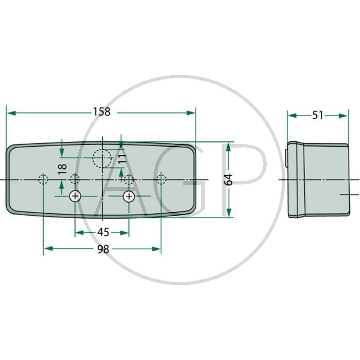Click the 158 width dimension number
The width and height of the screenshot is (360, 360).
pyautogui.click(x=102, y=112)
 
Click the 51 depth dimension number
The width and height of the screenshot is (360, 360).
pyautogui.click(x=318, y=115)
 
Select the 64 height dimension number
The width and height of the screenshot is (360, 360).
pyautogui.click(x=228, y=180)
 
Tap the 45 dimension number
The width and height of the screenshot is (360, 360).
pyautogui.click(x=103, y=233)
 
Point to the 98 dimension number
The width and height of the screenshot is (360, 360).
pyautogui.click(x=103, y=249)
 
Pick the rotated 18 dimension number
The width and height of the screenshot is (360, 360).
pyautogui.click(x=63, y=169)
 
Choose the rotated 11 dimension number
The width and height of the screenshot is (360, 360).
pyautogui.click(x=122, y=158)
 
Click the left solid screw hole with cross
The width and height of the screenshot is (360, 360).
pyautogui.click(x=75, y=196)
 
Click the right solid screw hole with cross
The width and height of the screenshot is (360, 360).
pyautogui.click(x=129, y=196)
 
